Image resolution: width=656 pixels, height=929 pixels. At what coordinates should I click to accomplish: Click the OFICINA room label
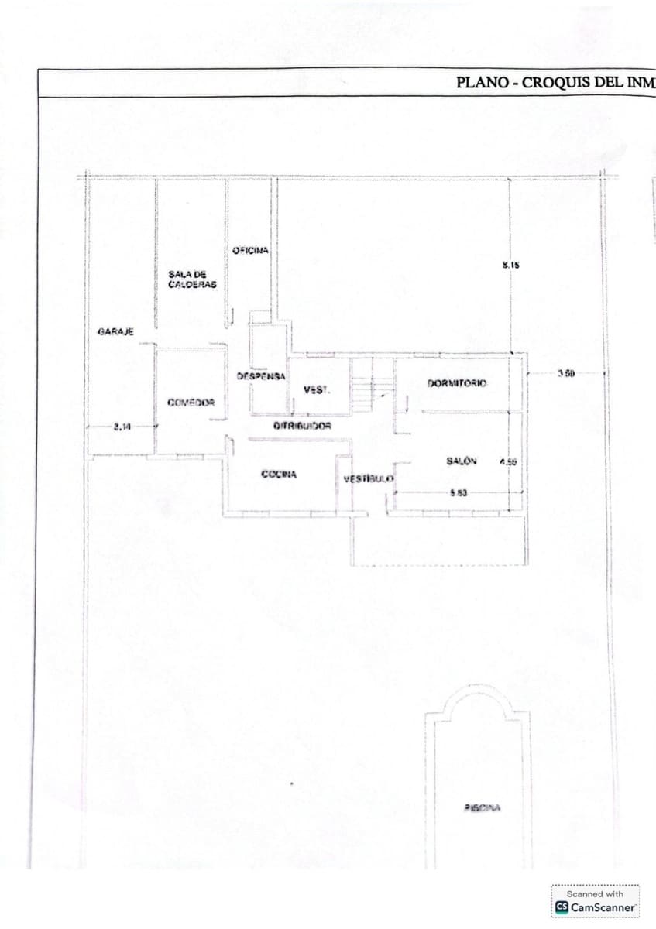(x=250, y=250)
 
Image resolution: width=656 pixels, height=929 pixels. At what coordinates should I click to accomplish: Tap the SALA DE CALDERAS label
(x=192, y=279)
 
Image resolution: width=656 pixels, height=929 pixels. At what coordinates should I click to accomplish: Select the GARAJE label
(x=115, y=331)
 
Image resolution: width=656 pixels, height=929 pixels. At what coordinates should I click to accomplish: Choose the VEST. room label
(x=316, y=389)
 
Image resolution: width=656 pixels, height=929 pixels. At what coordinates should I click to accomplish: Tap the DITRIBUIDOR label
(x=302, y=426)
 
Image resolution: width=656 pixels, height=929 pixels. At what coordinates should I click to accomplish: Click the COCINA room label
(x=280, y=475)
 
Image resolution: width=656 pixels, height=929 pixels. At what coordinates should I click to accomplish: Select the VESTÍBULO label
(x=368, y=479)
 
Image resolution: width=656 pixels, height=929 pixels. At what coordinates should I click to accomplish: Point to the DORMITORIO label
(x=456, y=384)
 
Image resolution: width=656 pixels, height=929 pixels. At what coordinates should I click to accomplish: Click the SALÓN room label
(x=462, y=461)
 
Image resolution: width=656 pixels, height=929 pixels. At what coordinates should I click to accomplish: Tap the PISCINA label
(x=483, y=807)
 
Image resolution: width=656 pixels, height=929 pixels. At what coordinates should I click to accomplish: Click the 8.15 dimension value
(x=510, y=265)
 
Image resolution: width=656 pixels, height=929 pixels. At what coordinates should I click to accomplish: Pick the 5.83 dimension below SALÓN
(x=458, y=493)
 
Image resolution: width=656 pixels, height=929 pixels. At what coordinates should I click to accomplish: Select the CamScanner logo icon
(x=562, y=907)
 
